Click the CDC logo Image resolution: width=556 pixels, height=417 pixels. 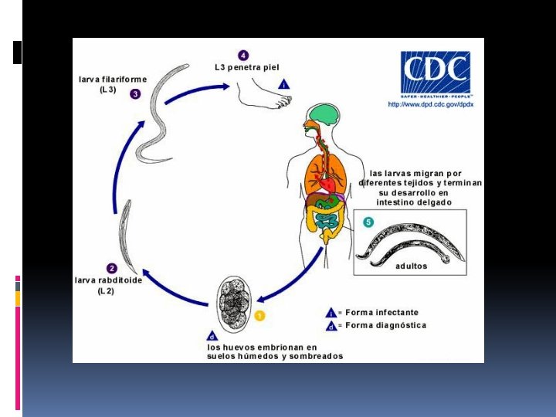pos(435,73)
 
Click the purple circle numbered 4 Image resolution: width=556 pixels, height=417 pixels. pos(244,56)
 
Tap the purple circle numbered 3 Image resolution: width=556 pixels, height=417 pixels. pos(135,94)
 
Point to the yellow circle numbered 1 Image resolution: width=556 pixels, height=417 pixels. pos(259,315)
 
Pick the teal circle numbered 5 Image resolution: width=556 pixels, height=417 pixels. pos(368,222)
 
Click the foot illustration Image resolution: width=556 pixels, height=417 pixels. pos(263,93)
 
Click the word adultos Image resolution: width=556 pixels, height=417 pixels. pos(411,266)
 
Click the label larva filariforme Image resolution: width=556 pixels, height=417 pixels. pos(113,80)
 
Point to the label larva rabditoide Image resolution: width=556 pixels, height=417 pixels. pos(108,280)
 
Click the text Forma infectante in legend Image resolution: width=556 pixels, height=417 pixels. pos(382,313)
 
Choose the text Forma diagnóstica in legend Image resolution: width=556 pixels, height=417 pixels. pos(385,325)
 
